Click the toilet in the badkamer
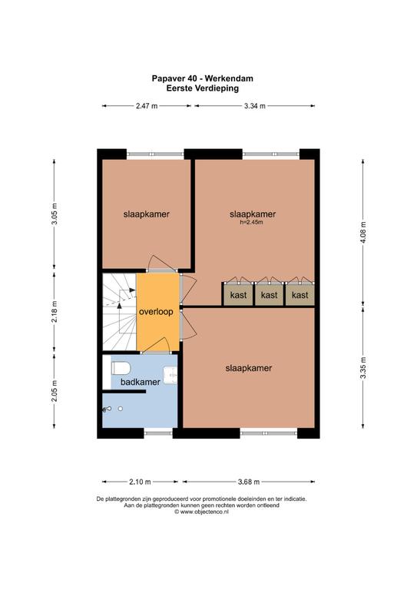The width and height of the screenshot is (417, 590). point(121,368)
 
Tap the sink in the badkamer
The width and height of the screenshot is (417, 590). point(170,374)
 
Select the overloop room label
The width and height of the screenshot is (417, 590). point(156,312)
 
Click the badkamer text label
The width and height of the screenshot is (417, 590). point(141,382)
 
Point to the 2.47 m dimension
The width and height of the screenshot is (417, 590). point(147,106)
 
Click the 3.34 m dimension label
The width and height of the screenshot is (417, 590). point(254,106)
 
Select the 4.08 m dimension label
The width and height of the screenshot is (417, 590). point(363,232)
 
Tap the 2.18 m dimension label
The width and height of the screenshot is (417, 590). point(55,311)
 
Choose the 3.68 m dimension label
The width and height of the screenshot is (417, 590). point(249,482)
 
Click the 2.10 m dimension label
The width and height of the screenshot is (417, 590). point(140,482)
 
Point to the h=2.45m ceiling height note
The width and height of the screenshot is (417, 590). point(252,222)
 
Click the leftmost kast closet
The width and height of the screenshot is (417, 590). point(238,294)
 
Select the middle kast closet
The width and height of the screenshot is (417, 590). point(269,294)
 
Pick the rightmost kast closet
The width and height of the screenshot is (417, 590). point(300,294)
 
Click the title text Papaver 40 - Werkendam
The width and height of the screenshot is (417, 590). point(202,78)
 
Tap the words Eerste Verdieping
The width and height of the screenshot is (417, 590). point(202,88)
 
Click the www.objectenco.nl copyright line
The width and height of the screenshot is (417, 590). point(201,512)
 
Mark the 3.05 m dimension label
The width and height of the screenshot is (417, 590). point(55,214)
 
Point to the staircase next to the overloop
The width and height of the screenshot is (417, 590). point(119,312)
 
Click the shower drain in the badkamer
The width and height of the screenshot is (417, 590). point(121,409)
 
